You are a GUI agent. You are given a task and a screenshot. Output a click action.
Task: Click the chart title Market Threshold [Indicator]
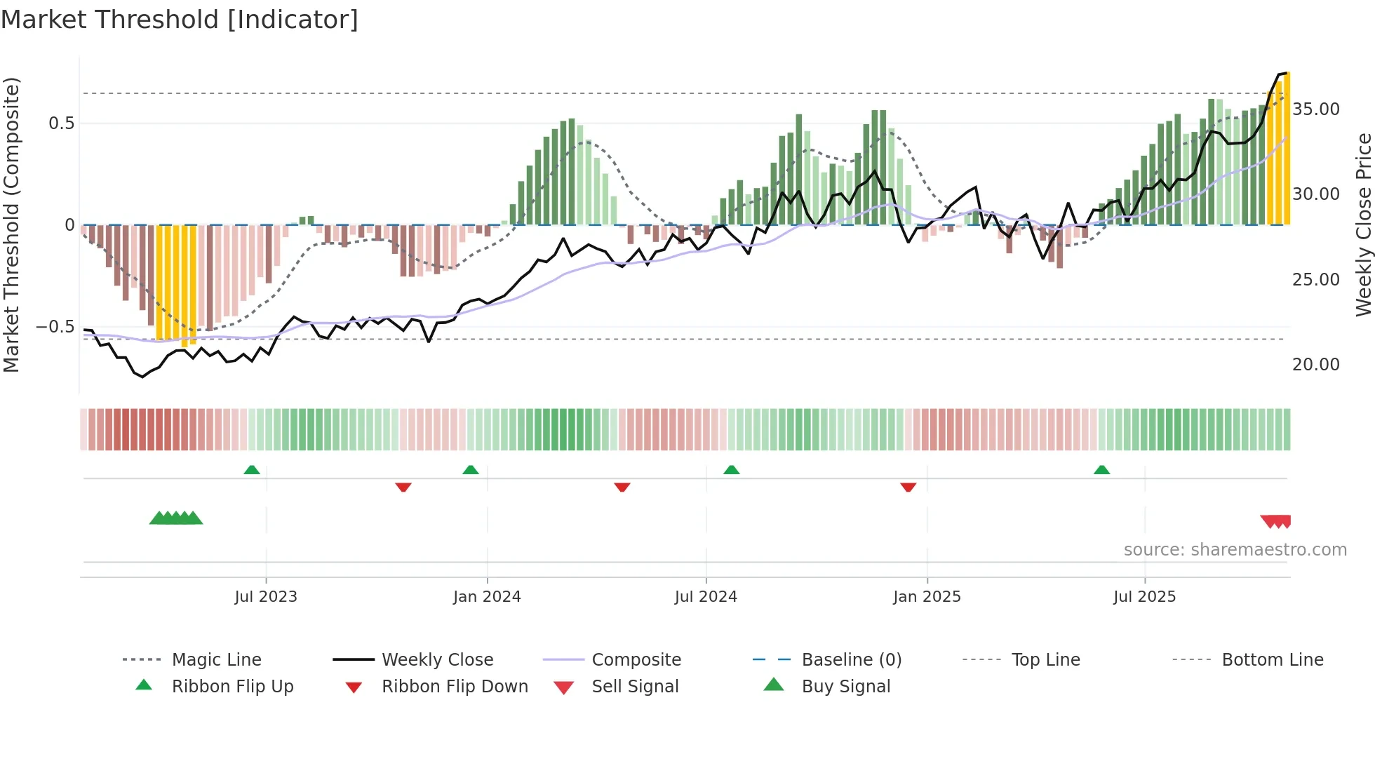(x=180, y=20)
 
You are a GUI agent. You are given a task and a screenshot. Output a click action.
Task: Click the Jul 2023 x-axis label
(x=266, y=597)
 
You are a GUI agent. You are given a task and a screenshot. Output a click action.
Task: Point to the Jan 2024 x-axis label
(x=487, y=597)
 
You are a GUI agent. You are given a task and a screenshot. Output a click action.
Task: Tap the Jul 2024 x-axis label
(x=706, y=597)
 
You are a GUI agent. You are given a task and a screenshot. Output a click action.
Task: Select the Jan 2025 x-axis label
(x=927, y=597)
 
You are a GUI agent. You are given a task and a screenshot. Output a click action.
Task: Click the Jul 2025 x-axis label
(x=1144, y=597)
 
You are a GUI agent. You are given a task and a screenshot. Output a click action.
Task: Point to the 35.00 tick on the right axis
(x=1316, y=109)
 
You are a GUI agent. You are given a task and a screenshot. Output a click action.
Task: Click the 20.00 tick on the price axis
(x=1316, y=365)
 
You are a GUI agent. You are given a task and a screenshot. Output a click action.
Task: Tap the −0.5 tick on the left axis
(x=55, y=327)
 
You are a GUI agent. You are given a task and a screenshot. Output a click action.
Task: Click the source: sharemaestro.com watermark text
(x=1235, y=550)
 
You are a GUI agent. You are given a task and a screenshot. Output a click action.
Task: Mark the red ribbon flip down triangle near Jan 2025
(x=908, y=487)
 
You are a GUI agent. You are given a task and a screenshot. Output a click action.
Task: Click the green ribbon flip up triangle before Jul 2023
(x=252, y=469)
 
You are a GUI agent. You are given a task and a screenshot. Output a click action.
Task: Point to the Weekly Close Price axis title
(x=1363, y=224)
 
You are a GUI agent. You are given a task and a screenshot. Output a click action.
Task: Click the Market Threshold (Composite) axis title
(x=11, y=224)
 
